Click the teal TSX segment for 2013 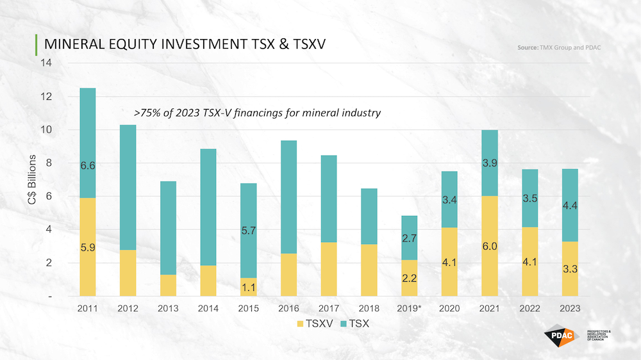click(168, 227)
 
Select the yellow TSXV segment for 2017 click(328, 269)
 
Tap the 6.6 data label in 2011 click(88, 166)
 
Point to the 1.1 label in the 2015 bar click(248, 288)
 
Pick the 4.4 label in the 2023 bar click(569, 206)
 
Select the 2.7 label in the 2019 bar click(409, 239)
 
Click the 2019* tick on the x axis click(409, 309)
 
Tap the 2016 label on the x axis click(288, 309)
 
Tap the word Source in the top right click(529, 48)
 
